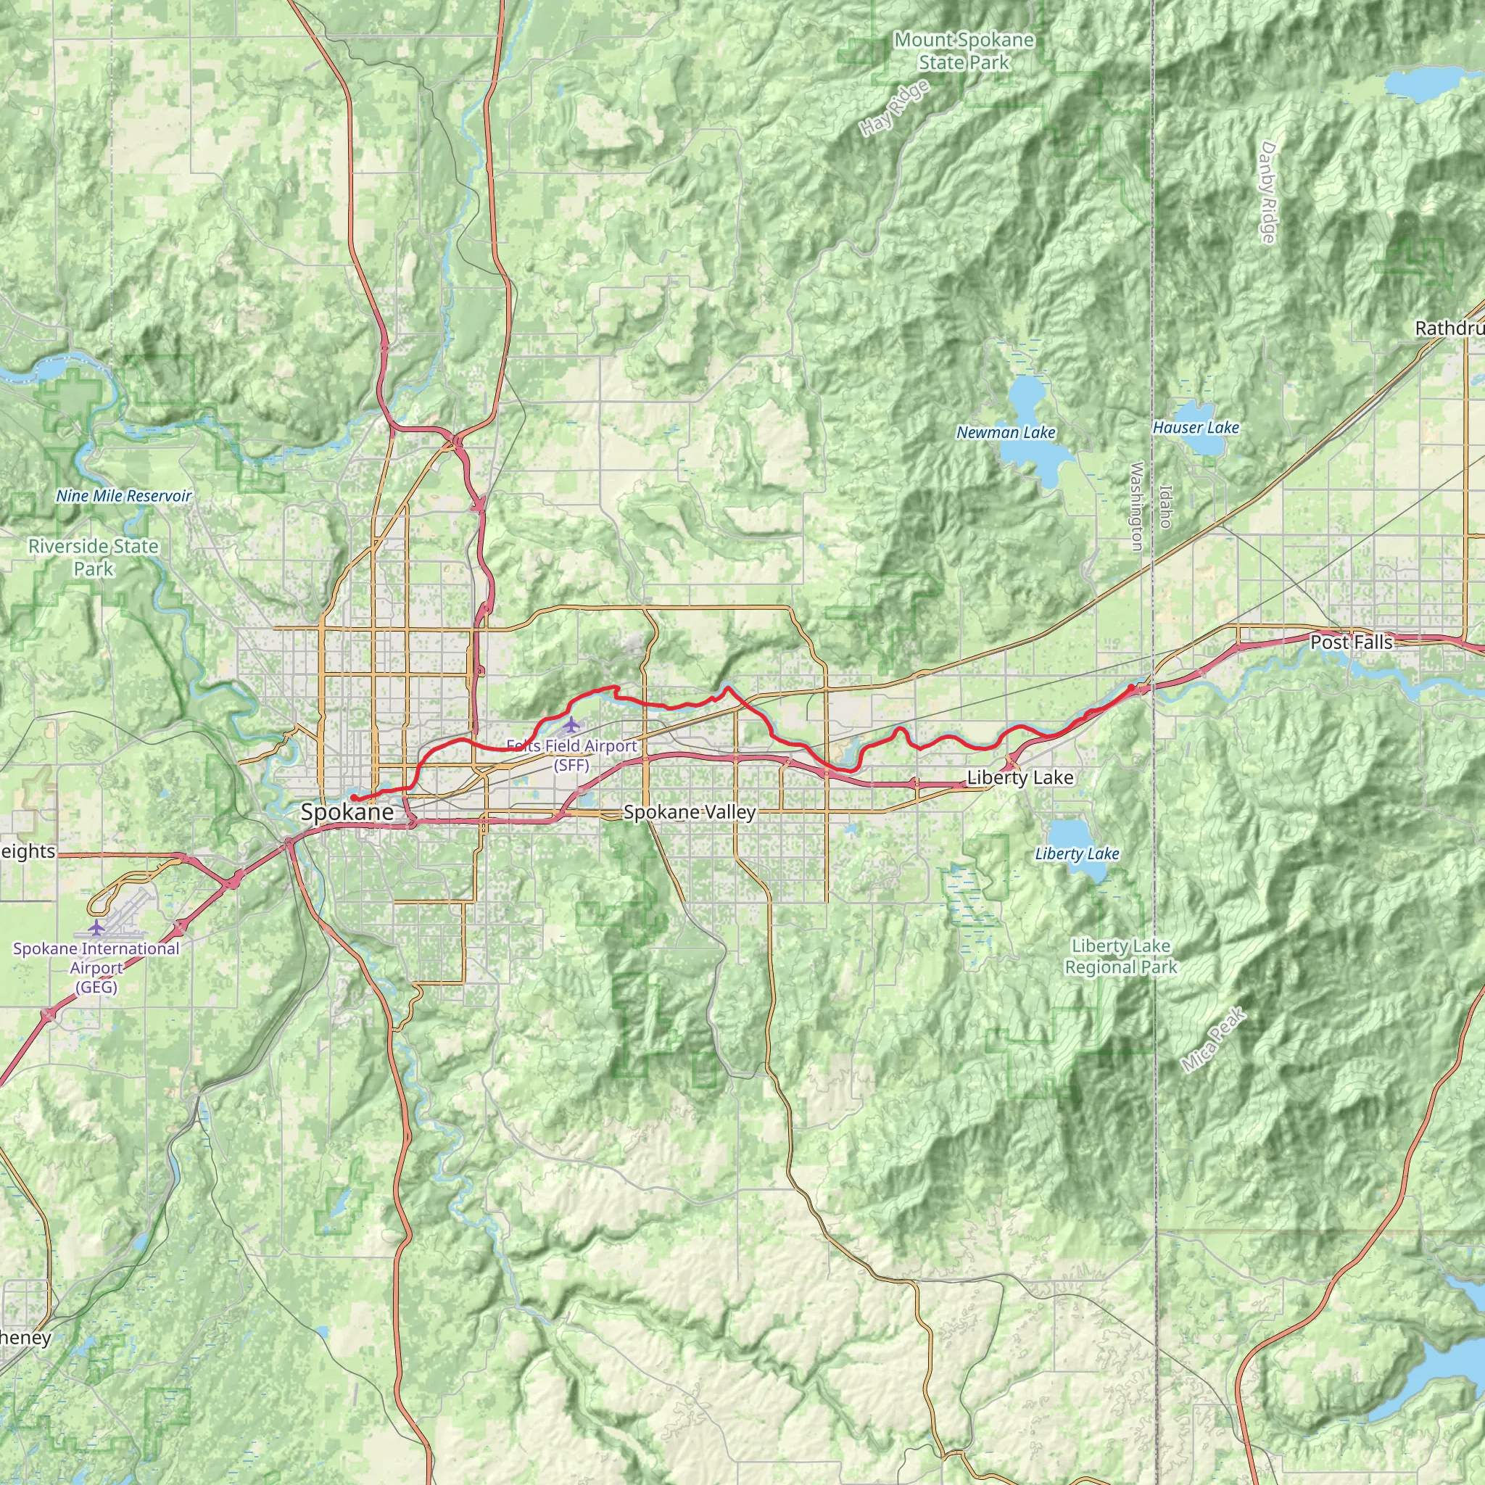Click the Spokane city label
[347, 811]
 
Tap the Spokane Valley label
[690, 811]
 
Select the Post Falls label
[1350, 642]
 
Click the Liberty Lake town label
[1019, 777]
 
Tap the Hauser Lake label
[1195, 427]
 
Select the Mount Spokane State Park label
[964, 51]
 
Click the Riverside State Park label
[93, 558]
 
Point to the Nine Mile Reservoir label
[123, 496]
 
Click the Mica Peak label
[1212, 1040]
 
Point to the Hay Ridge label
[895, 108]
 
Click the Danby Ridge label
[1268, 192]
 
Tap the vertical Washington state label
[1137, 506]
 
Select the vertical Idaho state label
[1165, 506]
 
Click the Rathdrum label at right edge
[1449, 328]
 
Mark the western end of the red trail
[353, 799]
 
